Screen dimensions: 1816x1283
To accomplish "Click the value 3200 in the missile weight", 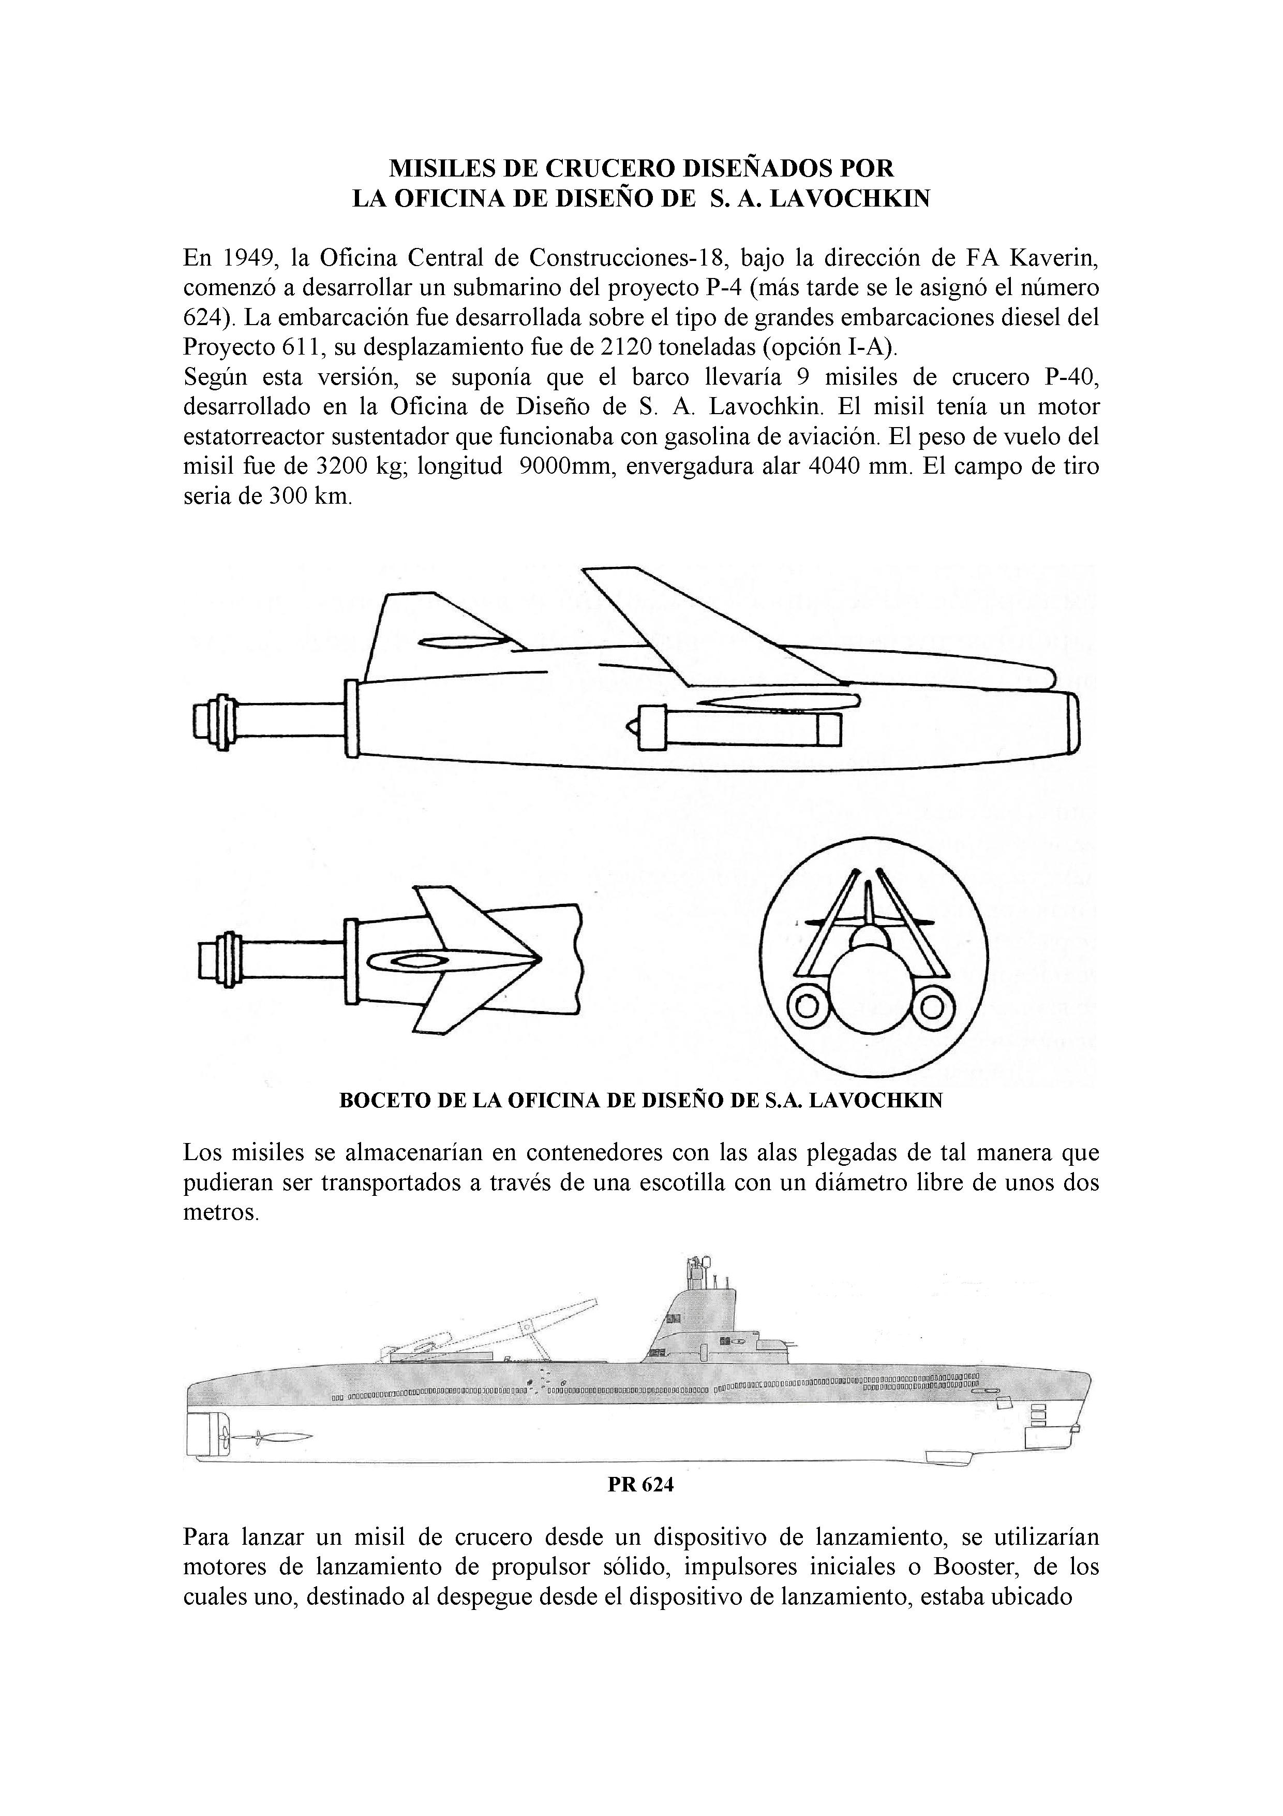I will [341, 466].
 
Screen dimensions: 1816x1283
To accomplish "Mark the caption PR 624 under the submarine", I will [640, 1485].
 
